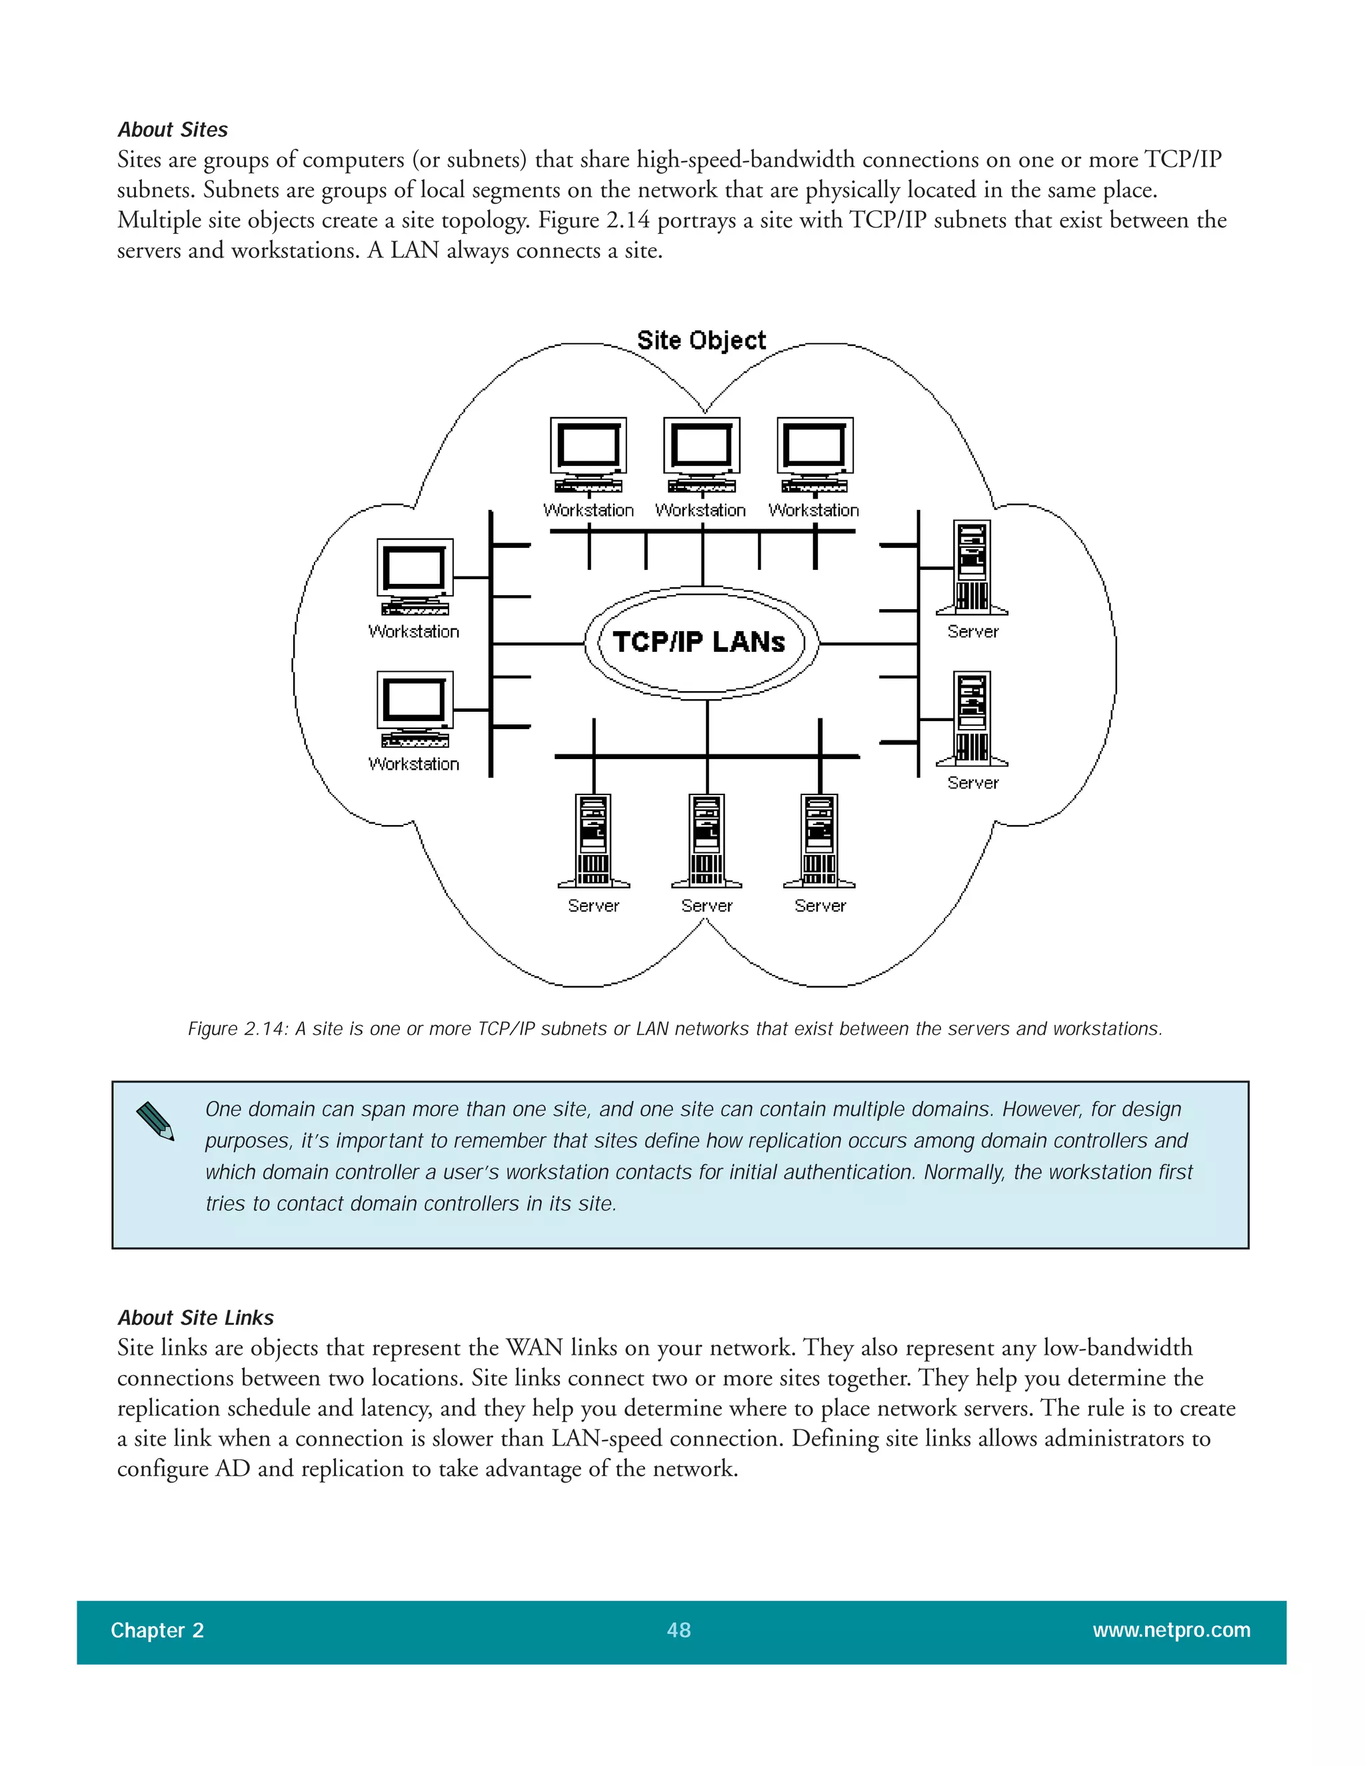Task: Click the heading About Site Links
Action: [196, 1318]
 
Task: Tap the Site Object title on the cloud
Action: [701, 341]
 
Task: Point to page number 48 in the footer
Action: [679, 1629]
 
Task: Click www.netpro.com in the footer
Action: [1171, 1629]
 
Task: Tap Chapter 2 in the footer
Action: [157, 1630]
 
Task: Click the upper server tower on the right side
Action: [972, 566]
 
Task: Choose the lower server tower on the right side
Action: [972, 717]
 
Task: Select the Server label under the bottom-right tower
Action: [820, 906]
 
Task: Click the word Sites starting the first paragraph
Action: [139, 160]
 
